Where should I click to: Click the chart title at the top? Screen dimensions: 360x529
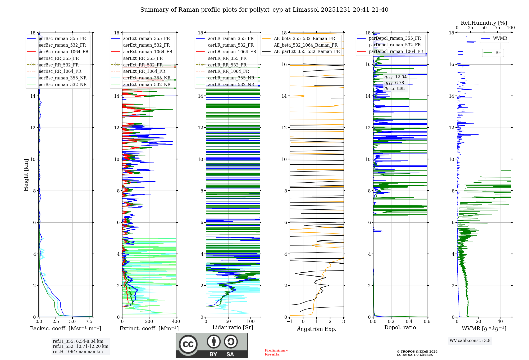[x=264, y=10]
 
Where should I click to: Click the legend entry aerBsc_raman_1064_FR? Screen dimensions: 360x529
[x=63, y=52]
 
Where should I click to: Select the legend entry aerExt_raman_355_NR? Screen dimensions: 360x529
[x=147, y=78]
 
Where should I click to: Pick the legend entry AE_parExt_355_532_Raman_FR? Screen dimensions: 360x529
[x=307, y=51]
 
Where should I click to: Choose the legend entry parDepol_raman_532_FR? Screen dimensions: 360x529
[x=395, y=45]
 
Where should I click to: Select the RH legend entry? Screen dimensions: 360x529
[x=498, y=53]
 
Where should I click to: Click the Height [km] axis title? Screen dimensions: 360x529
[x=26, y=175]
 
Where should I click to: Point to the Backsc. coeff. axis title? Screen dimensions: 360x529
[x=66, y=328]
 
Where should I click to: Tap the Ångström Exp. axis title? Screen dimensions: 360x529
[x=317, y=329]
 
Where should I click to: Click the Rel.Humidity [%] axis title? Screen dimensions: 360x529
[x=484, y=23]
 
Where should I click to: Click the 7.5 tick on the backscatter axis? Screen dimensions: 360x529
[x=89, y=322]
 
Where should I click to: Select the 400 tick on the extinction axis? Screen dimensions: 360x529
[x=176, y=322]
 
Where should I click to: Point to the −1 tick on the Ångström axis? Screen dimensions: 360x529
[x=289, y=322]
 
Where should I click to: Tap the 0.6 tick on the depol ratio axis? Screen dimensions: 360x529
[x=427, y=322]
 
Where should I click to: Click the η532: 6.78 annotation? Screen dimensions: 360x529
[x=394, y=83]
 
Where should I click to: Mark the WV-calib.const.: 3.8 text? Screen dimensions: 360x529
[x=470, y=341]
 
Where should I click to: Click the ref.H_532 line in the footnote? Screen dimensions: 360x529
[x=80, y=346]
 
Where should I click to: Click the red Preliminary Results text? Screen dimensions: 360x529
[x=276, y=352]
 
